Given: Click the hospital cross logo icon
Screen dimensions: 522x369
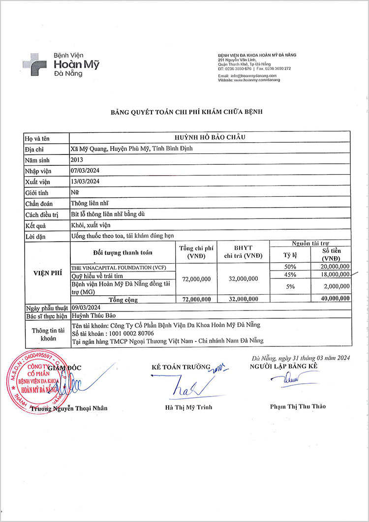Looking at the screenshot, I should [x=35, y=64].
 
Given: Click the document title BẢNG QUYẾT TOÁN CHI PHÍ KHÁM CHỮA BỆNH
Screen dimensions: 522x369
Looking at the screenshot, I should [x=186, y=112].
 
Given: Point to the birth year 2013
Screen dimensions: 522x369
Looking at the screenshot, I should [x=78, y=160].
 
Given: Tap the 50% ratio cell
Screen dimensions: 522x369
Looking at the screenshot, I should [x=290, y=266].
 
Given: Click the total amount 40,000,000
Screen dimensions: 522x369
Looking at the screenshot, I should [x=334, y=299].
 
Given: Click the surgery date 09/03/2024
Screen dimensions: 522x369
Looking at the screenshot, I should [x=86, y=307].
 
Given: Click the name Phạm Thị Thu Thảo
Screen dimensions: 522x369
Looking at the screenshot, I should [x=298, y=406].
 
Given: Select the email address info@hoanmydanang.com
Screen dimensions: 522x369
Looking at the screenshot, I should [x=256, y=76].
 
